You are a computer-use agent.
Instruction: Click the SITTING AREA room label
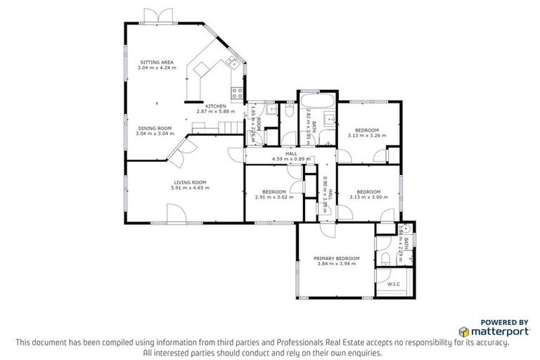point(156,63)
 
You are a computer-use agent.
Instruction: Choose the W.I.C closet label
point(394,285)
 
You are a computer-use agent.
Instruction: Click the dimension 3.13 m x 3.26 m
point(367,136)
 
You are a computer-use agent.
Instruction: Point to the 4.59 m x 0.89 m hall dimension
point(290,159)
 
